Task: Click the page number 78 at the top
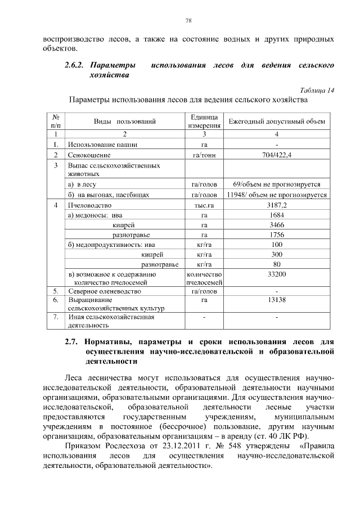[189, 21]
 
